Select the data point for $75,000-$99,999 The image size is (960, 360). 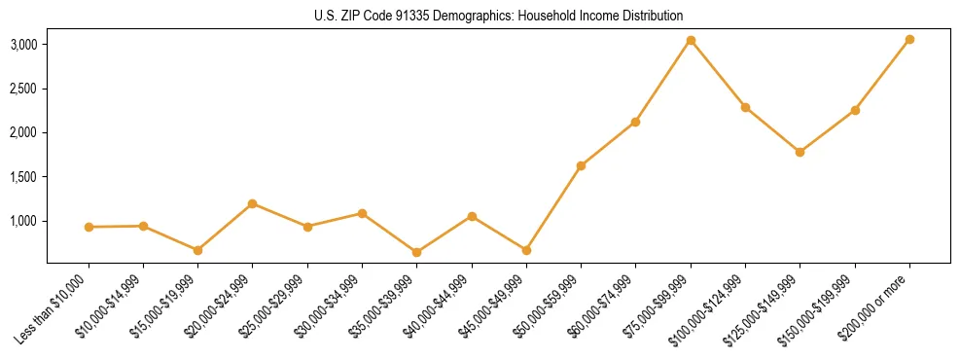[x=691, y=40]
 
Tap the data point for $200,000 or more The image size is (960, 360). [x=909, y=39]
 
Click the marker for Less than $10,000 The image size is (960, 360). [x=89, y=227]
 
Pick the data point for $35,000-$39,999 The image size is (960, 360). [x=416, y=252]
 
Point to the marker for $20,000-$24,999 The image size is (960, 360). [x=253, y=203]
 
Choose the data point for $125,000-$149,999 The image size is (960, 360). [x=800, y=152]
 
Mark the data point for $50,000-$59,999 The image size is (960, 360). [x=581, y=165]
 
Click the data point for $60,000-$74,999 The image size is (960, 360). [x=635, y=122]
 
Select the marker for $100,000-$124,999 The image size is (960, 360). [x=745, y=107]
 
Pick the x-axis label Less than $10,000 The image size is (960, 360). [x=53, y=309]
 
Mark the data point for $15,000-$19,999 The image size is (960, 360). [x=197, y=250]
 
